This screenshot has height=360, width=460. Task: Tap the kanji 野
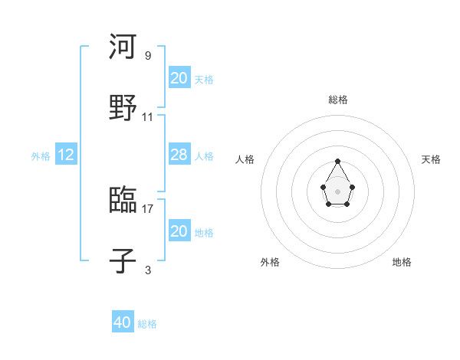tap(123, 107)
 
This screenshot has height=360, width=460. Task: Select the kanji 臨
tap(123, 200)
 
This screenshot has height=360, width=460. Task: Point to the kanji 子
tap(123, 261)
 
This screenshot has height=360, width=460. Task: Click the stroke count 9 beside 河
tap(147, 55)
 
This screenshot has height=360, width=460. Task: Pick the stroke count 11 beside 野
tap(148, 117)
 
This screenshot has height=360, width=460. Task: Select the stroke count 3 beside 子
tap(147, 270)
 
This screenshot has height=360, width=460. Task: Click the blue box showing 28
tap(179, 155)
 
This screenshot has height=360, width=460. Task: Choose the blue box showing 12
tap(66, 155)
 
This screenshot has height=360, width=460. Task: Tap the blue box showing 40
tap(123, 322)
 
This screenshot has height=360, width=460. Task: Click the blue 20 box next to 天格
tap(179, 78)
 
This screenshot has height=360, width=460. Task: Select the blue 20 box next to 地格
tap(179, 231)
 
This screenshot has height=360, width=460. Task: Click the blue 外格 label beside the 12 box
tap(41, 156)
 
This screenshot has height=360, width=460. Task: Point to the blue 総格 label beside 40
tap(147, 324)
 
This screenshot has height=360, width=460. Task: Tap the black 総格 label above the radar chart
tap(337, 100)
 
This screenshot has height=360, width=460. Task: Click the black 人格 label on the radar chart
tap(245, 159)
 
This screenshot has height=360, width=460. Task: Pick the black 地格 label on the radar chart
tap(402, 262)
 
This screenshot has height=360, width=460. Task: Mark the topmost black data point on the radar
tap(337, 161)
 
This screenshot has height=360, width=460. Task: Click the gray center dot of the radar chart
tap(337, 191)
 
